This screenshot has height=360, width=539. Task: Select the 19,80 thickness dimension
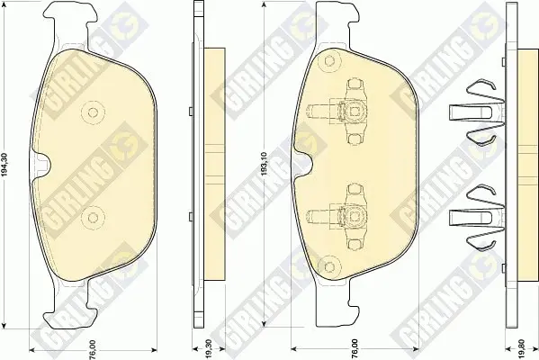522,348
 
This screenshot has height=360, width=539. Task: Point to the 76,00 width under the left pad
93,348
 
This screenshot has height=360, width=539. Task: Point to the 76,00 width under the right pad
355,348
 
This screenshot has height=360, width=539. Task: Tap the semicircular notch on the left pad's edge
41,165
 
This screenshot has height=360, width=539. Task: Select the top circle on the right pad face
329,61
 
